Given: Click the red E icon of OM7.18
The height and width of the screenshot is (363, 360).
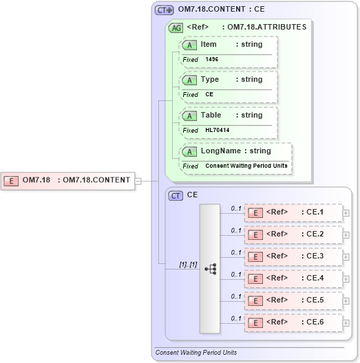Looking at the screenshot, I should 11,181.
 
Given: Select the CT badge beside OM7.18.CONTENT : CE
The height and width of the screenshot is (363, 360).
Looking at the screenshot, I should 164,10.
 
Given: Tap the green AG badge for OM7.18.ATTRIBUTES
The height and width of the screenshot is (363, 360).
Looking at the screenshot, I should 176,27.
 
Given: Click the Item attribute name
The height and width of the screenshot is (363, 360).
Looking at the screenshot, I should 209,45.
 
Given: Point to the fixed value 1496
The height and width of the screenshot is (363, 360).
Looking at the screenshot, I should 213,60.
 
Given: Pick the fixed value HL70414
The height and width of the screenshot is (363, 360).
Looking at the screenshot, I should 218,131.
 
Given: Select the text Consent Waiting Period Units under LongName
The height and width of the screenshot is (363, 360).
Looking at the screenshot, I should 246,166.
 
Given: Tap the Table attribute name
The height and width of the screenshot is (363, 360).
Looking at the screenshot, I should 211,115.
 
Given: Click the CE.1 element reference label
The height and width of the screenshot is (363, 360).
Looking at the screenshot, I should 315,212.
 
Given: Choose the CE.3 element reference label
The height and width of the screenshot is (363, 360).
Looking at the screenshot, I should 315,256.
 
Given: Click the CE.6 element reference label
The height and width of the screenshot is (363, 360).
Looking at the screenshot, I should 315,322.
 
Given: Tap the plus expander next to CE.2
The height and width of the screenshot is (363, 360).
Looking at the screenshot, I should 346,235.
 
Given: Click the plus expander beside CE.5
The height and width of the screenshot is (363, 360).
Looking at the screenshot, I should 346,300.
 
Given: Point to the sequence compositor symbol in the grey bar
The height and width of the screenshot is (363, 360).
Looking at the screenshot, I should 210,268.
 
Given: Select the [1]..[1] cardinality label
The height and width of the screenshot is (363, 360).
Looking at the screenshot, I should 189,263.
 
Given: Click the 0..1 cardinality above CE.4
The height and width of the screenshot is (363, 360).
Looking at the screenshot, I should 236,274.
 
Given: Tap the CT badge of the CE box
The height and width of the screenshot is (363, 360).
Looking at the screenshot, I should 176,196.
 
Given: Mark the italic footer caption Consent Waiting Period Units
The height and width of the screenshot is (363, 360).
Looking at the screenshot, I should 196,353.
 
